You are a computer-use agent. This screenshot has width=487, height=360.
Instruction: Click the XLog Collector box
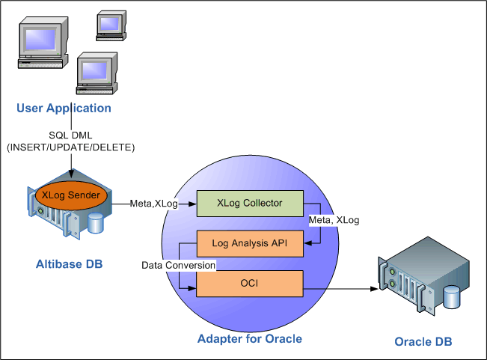coord(249,202)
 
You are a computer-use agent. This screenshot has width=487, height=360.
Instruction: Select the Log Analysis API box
coord(249,243)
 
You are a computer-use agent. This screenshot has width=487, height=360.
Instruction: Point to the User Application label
coord(64,109)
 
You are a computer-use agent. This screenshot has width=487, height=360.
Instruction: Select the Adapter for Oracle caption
coord(250,339)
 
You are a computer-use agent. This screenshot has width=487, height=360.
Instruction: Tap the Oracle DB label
coord(423,342)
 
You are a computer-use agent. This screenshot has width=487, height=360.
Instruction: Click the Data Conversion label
coord(179,265)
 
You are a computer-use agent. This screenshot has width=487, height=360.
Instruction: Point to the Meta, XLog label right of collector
coord(334,220)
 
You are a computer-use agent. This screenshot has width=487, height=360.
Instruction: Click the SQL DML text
coord(70,135)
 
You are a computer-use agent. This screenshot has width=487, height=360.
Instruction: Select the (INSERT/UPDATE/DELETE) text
coord(70,148)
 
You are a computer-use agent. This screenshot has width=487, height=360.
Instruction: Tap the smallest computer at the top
coord(108,23)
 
